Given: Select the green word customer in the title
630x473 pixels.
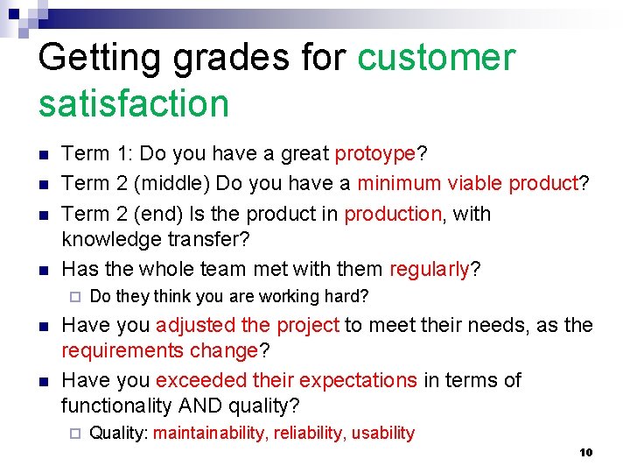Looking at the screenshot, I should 437,59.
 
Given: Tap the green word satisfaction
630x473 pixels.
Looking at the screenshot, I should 134,103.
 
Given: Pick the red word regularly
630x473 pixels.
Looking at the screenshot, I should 430,269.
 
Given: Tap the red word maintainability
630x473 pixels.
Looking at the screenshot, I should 210,433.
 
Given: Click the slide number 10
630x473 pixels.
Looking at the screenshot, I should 585,453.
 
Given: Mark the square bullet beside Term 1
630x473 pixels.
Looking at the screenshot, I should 44,155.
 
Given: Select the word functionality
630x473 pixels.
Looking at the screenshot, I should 117,406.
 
